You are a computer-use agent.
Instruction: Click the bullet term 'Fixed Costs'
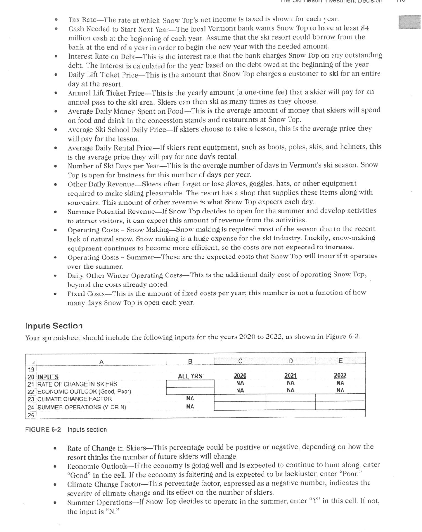[x=84, y=293]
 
